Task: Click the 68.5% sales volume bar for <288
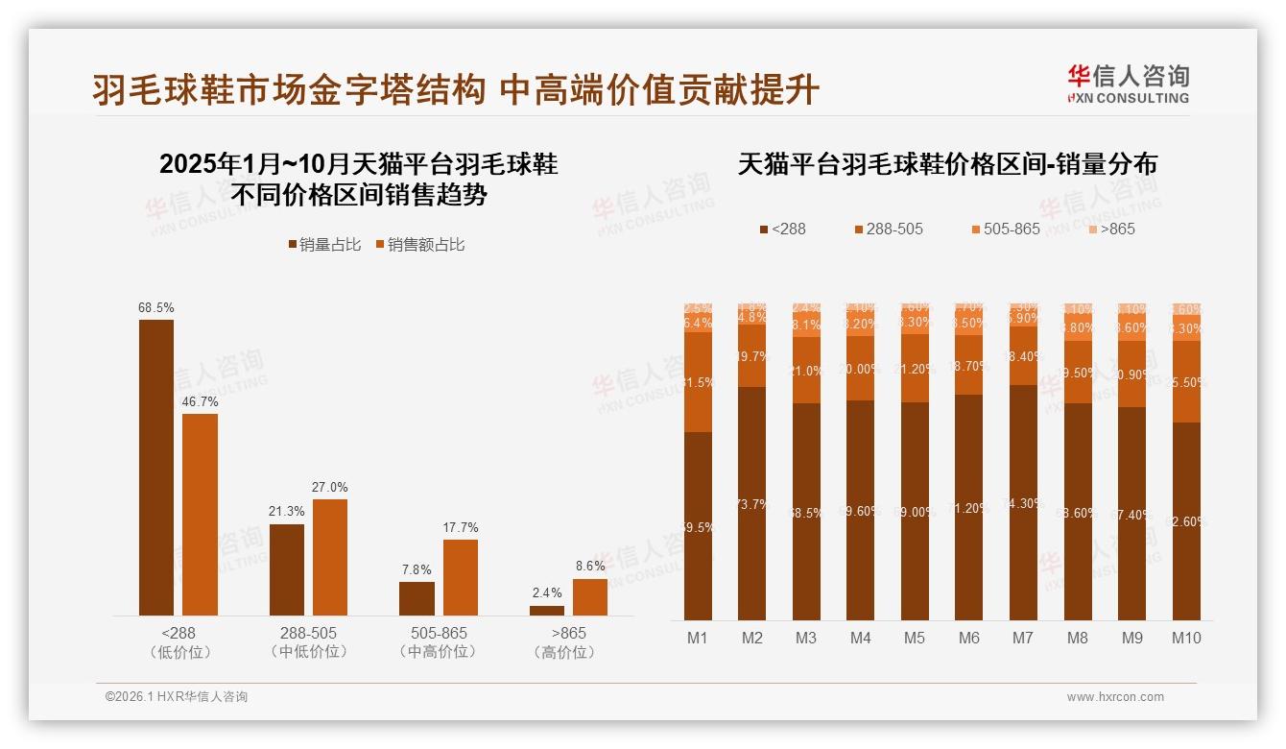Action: (x=156, y=467)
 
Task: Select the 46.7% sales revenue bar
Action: (x=200, y=514)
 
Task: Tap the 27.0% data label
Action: (x=329, y=487)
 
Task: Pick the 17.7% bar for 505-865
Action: (x=460, y=577)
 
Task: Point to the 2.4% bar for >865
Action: (x=547, y=610)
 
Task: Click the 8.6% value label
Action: (x=590, y=567)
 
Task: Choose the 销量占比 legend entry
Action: (x=324, y=245)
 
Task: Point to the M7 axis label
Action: (x=1023, y=638)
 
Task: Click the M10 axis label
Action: (x=1186, y=638)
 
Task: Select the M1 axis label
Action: (x=698, y=638)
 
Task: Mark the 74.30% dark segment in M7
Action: (x=1023, y=502)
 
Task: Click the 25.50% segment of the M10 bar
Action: (x=1186, y=382)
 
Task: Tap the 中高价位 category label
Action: (x=439, y=652)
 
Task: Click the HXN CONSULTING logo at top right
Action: (x=1128, y=85)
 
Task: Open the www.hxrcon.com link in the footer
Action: (x=1115, y=697)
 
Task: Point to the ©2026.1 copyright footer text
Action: (x=177, y=697)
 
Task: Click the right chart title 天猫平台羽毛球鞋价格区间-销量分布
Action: (x=947, y=164)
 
